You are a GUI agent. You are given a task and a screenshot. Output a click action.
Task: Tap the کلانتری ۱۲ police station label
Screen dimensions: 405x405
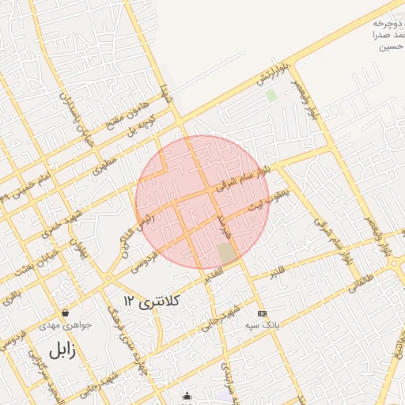[x=152, y=301]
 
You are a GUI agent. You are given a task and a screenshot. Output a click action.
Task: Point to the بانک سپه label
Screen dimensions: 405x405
[x=263, y=325]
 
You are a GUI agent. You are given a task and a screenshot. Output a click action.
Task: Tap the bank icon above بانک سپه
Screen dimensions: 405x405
[x=263, y=313]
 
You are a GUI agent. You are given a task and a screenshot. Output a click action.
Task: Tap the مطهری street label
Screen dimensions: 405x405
[x=103, y=165]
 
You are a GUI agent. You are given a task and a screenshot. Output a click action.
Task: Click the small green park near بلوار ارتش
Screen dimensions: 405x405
[x=271, y=96]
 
